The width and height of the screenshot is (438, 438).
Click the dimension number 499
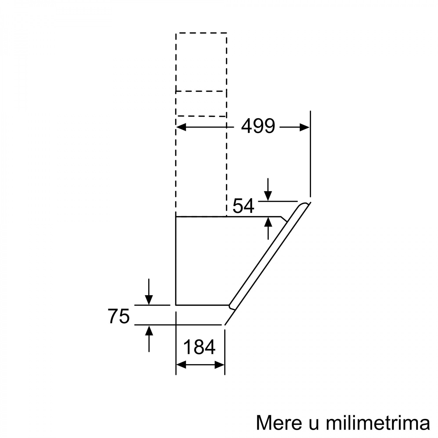pos(258,126)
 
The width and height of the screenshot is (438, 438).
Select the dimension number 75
pos(119,316)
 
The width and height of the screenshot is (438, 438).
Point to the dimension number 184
pos(199,347)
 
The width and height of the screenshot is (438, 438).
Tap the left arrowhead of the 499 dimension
pos(182,127)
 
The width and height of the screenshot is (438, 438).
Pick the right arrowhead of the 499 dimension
pos(304,127)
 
